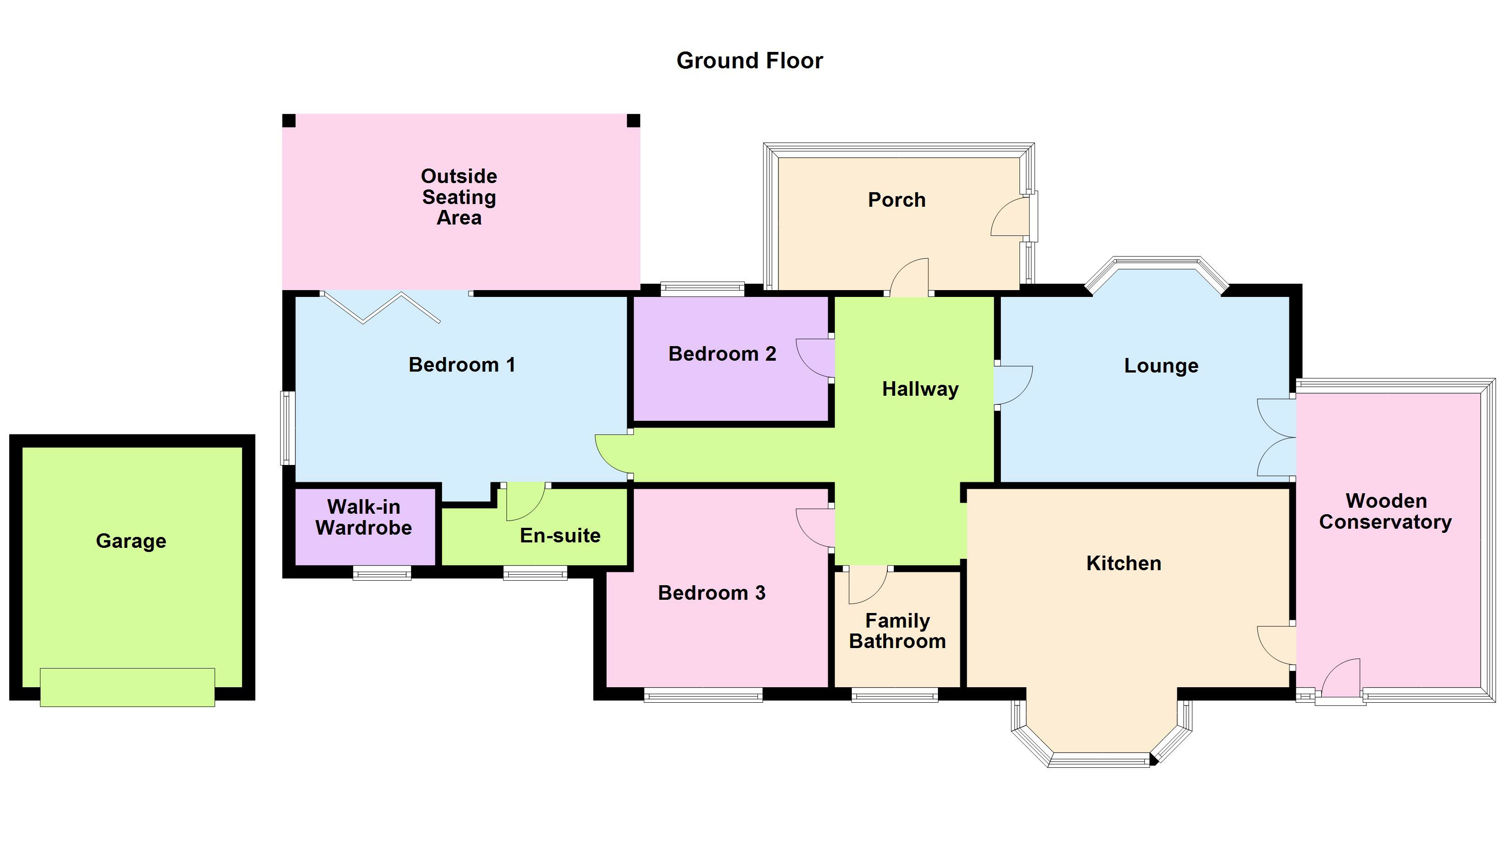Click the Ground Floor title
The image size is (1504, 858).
click(x=749, y=61)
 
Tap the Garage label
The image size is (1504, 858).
click(x=131, y=541)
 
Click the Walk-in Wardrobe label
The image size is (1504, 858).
click(x=363, y=517)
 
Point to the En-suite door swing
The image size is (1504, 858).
click(x=524, y=501)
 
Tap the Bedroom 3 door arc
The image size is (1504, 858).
click(x=815, y=528)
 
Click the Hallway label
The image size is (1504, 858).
click(x=920, y=389)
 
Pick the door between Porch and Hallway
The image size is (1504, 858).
click(x=909, y=278)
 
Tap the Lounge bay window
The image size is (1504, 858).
click(x=1157, y=263)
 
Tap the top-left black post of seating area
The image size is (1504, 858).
click(x=288, y=121)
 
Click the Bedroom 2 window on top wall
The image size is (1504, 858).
click(x=702, y=288)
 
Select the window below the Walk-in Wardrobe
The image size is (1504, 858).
click(x=382, y=573)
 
